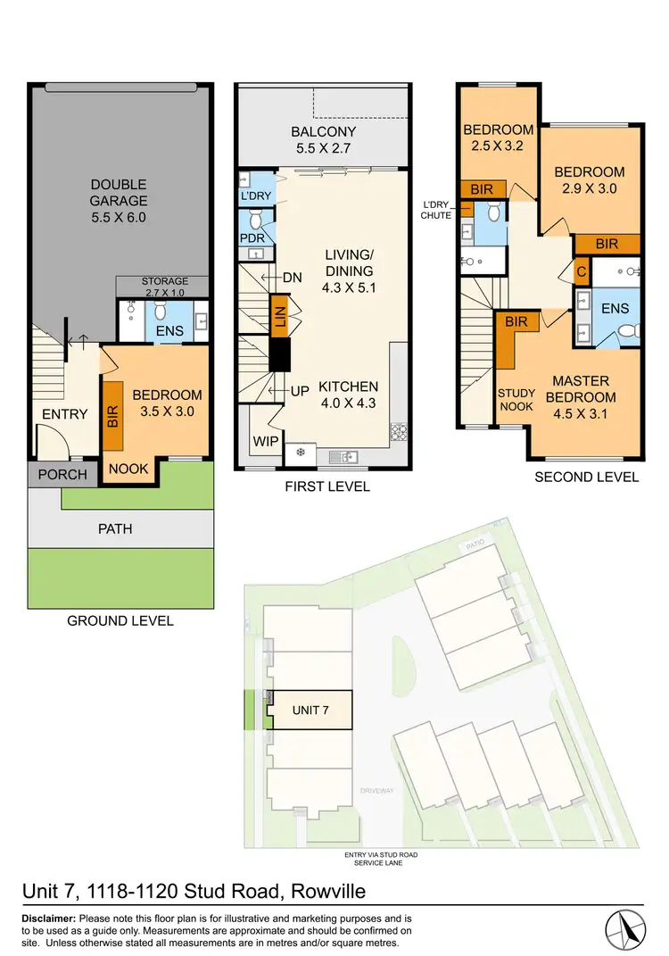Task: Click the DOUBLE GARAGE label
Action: click(118, 201)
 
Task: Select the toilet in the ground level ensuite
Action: click(161, 310)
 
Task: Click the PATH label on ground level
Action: click(115, 528)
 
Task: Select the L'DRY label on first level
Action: click(255, 195)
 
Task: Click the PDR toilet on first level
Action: click(257, 219)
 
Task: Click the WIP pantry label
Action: click(265, 440)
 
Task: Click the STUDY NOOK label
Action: click(515, 400)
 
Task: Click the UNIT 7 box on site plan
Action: click(311, 711)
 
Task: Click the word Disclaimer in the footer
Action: click(48, 919)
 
